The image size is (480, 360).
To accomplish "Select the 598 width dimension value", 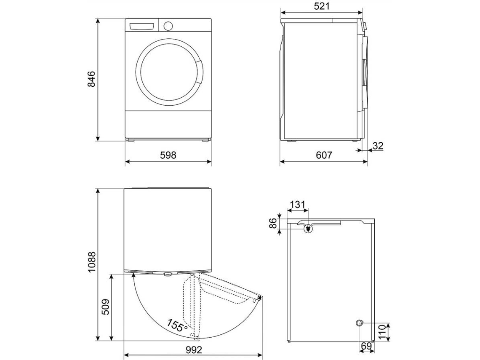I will tap(168, 155).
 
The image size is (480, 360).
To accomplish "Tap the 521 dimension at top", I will tap(322, 6).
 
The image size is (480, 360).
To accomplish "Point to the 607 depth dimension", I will tap(324, 155).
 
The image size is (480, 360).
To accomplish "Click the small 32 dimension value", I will tap(378, 146).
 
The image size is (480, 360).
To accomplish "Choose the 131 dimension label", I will tap(297, 205).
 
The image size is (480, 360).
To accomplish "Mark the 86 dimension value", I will tap(273, 223).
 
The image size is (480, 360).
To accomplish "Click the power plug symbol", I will tap(308, 228).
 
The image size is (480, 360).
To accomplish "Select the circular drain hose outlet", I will tap(359, 323).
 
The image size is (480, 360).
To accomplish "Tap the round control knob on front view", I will tap(168, 25).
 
